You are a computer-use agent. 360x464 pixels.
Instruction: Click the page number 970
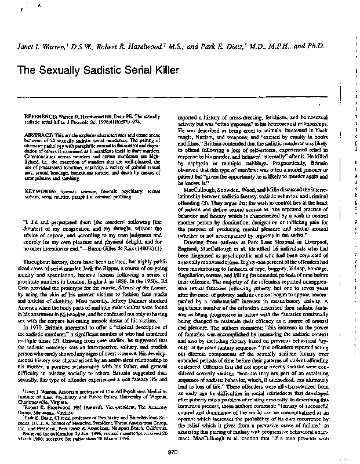(172, 452)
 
